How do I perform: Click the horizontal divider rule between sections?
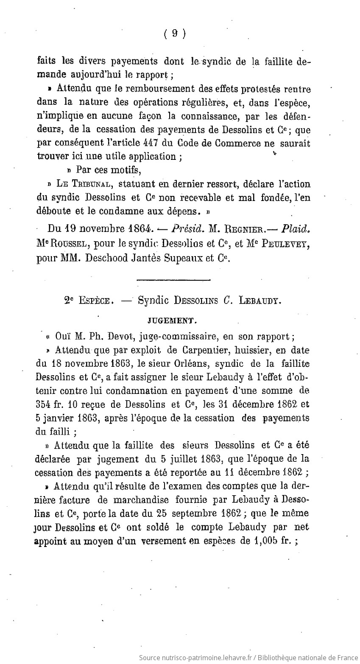pyautogui.click(x=174, y=279)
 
